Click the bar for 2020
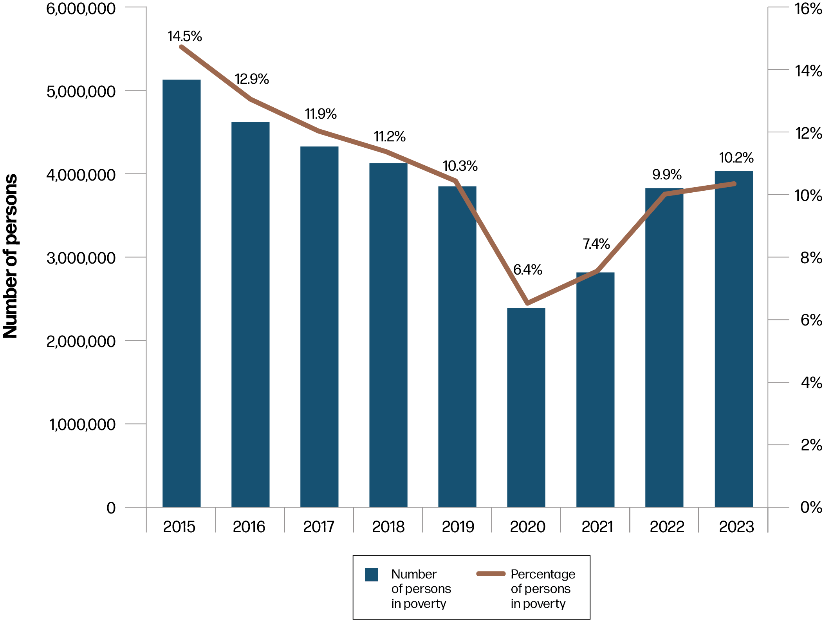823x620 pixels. coord(526,407)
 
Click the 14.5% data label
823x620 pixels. coord(184,36)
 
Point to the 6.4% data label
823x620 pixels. coord(527,269)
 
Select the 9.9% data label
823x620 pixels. coord(667,174)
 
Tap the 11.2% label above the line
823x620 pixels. coord(390,136)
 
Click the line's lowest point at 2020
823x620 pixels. coord(527,303)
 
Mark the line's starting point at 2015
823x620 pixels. coord(181,47)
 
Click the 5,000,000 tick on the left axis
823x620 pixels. coord(81,91)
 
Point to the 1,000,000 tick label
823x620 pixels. coord(82,424)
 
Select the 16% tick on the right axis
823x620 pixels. coord(808,9)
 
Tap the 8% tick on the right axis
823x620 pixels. coord(811,258)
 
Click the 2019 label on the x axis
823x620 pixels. coord(458,526)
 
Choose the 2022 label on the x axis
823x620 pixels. coord(666,526)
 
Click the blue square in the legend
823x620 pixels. coord(371,575)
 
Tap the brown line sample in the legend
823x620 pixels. coord(491,574)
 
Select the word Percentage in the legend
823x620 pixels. coord(543,574)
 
